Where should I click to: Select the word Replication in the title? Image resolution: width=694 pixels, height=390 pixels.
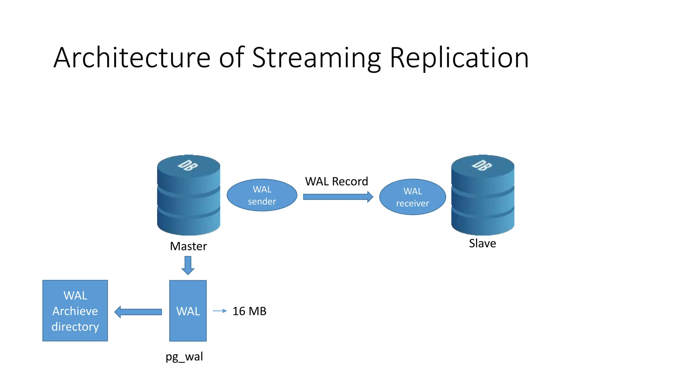point(459,58)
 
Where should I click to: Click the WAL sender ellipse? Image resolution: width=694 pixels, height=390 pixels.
point(262,195)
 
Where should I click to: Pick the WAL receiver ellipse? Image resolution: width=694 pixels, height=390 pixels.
point(412,197)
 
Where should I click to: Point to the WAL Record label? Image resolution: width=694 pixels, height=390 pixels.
point(336,181)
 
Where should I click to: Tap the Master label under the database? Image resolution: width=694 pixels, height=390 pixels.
point(188,246)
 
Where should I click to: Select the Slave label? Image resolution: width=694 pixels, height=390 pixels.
point(482,243)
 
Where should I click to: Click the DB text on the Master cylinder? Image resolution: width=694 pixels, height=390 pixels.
point(188,165)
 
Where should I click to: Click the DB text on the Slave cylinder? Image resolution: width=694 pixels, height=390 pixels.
point(482,165)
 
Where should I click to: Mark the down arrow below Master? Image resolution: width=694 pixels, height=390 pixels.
point(188,265)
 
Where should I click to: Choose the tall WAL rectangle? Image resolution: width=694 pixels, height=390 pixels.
point(188,311)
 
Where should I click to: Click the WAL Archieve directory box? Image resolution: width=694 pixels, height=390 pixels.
point(75,311)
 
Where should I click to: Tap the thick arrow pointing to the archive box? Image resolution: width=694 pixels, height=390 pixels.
point(138,312)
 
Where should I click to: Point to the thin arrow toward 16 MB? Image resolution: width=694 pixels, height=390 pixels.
point(220,311)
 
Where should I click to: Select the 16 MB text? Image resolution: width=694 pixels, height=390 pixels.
point(249,311)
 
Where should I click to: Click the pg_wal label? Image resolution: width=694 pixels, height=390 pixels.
point(184,356)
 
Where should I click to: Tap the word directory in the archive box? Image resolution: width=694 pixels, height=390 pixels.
point(75,327)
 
